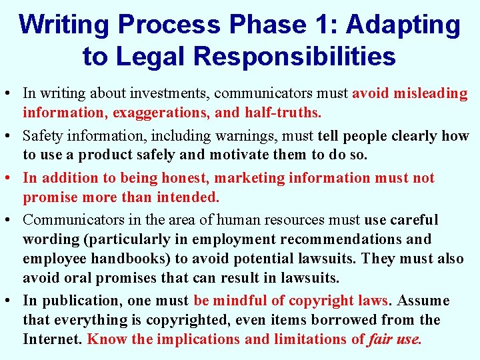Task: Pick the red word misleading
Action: tap(429, 93)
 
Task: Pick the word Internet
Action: tap(52, 339)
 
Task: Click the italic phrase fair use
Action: tap(395, 339)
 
